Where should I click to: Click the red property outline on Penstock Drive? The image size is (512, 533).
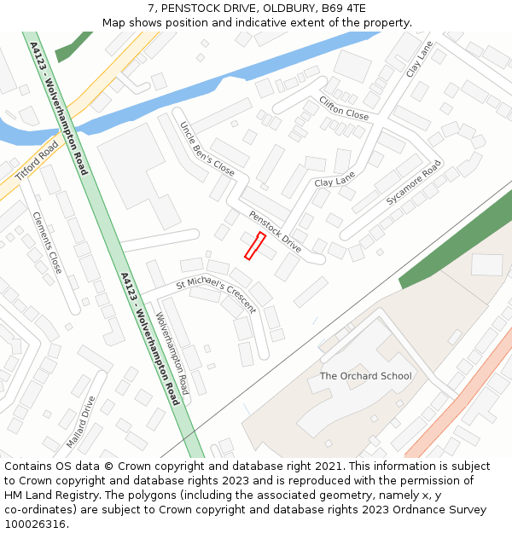[255, 246]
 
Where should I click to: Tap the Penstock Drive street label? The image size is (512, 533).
[275, 231]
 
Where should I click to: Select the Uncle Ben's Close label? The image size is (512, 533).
[207, 149]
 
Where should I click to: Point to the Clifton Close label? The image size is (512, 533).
[343, 107]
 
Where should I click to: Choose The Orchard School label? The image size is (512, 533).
[365, 376]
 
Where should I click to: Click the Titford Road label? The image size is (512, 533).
[37, 161]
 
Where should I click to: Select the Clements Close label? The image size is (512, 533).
[47, 243]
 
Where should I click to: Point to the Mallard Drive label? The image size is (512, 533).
[82, 421]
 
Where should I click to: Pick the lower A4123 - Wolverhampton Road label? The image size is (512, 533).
[150, 339]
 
